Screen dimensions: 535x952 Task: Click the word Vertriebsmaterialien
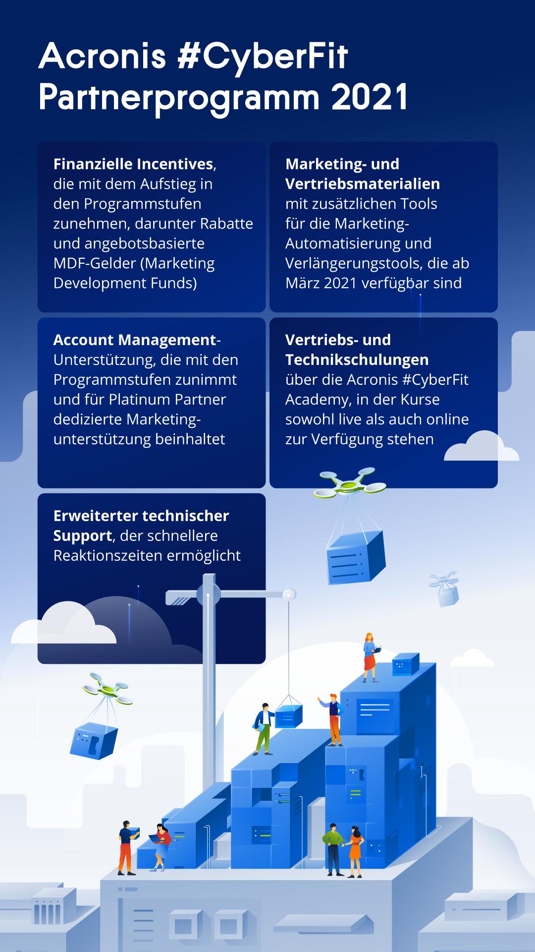coord(363,183)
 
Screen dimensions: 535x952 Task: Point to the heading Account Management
coord(135,340)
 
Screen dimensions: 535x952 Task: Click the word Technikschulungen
coord(357,359)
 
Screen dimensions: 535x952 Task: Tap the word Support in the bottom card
coord(82,536)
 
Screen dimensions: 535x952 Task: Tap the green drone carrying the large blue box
coord(350,482)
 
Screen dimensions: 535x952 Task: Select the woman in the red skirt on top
coord(370,657)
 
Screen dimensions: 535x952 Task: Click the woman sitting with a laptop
coord(161,847)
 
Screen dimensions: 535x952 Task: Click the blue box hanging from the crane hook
coord(288,717)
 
